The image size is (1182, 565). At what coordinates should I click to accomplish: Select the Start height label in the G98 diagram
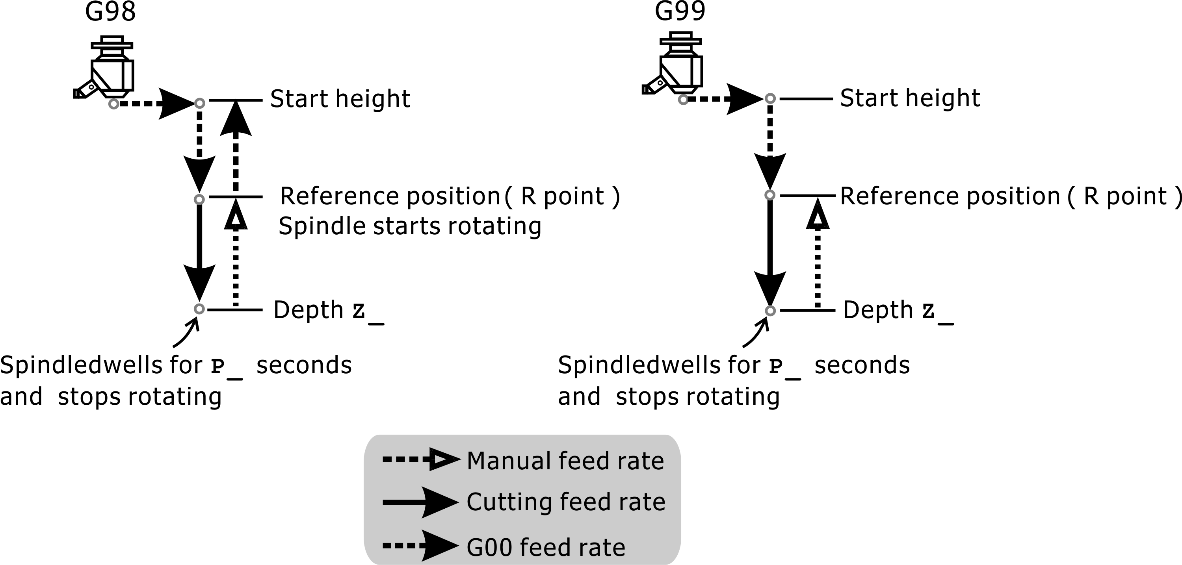click(x=340, y=99)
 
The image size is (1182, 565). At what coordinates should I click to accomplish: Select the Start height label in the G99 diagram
click(x=909, y=98)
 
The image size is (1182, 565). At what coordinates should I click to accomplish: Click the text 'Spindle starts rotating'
click(x=410, y=226)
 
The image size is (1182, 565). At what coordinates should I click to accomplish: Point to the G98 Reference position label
click(x=450, y=196)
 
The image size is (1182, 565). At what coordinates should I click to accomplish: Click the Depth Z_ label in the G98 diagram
click(x=328, y=311)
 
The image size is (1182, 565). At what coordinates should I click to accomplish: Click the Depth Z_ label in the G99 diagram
click(x=898, y=311)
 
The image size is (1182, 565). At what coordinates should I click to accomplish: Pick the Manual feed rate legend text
click(x=565, y=461)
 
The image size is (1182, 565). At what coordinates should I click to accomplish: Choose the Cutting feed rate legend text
click(x=565, y=502)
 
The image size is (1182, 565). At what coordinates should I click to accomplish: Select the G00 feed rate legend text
click(x=546, y=547)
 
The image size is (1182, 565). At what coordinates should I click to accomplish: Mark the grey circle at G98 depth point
click(x=199, y=309)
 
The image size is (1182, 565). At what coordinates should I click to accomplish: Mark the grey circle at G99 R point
click(x=770, y=195)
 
